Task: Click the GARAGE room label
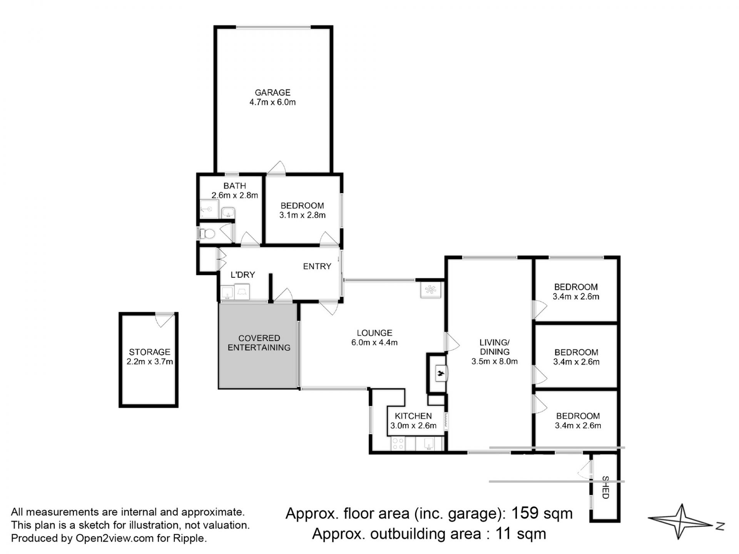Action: pyautogui.click(x=273, y=92)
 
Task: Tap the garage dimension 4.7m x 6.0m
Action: pyautogui.click(x=273, y=102)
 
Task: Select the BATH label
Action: pyautogui.click(x=235, y=186)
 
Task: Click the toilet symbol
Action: pyautogui.click(x=208, y=234)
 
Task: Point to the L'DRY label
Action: pyautogui.click(x=243, y=275)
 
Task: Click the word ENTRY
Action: pyautogui.click(x=317, y=266)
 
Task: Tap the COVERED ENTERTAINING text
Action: pyautogui.click(x=259, y=343)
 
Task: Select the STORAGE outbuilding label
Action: pyautogui.click(x=150, y=352)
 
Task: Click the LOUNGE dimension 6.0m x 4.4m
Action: pyautogui.click(x=375, y=342)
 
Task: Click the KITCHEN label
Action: pyautogui.click(x=413, y=416)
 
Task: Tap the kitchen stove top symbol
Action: pyautogui.click(x=398, y=444)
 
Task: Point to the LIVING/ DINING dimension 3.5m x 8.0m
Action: pyautogui.click(x=495, y=362)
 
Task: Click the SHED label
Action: pyautogui.click(x=605, y=487)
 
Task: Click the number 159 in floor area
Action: pyautogui.click(x=524, y=513)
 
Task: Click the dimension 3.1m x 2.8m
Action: pyautogui.click(x=303, y=215)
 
